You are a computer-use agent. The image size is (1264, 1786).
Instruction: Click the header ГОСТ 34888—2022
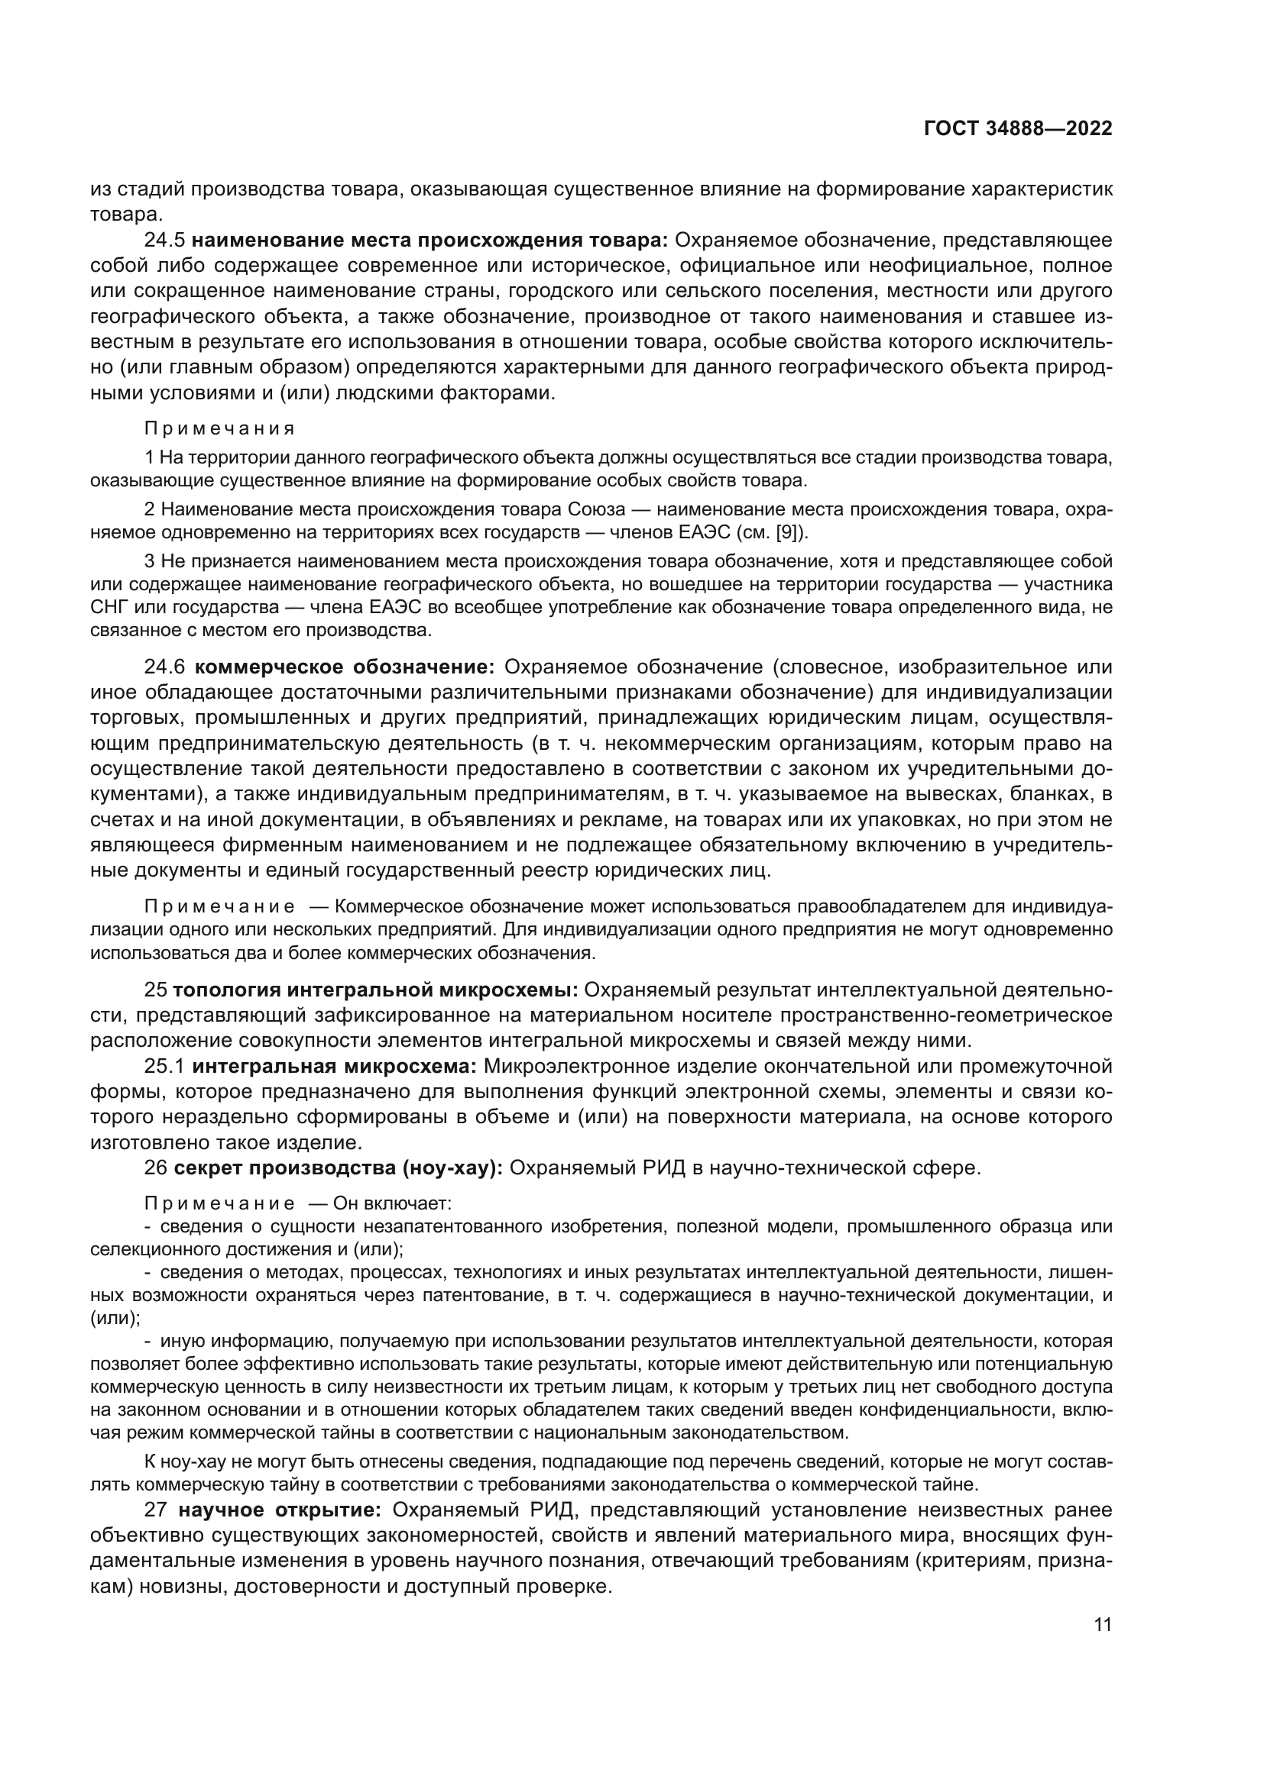(1018, 129)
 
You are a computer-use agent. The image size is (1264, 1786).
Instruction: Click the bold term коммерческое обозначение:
(344, 667)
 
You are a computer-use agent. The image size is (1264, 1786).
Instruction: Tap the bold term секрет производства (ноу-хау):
(339, 1168)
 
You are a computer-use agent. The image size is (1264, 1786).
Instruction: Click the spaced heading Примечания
(219, 428)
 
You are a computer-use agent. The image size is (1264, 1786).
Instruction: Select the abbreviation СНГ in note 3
(108, 608)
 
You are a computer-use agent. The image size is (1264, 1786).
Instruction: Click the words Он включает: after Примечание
(392, 1204)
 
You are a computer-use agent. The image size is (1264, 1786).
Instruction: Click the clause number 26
(156, 1168)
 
